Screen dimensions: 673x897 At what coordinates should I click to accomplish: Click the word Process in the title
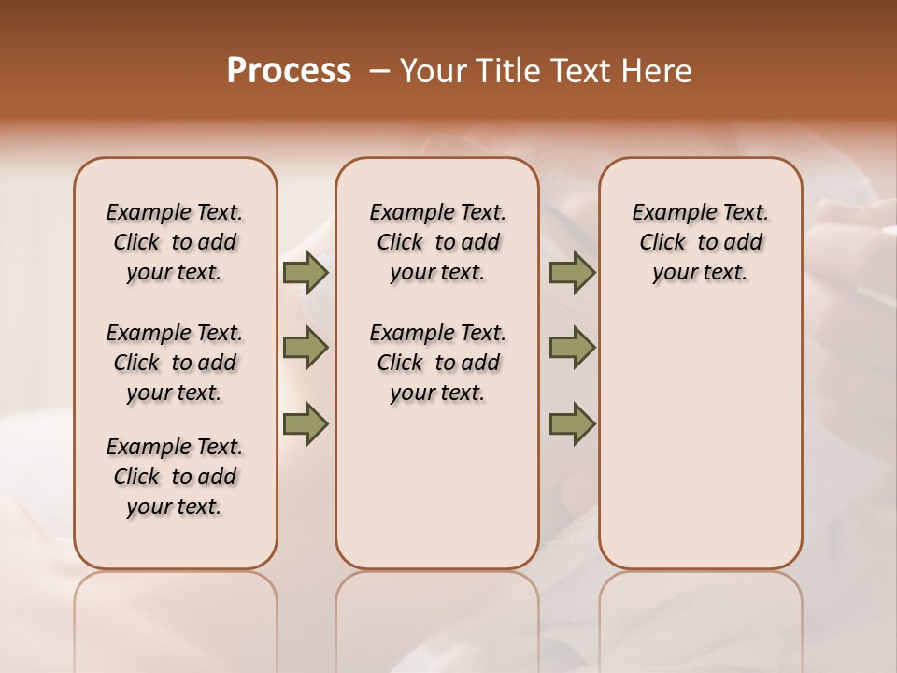(289, 71)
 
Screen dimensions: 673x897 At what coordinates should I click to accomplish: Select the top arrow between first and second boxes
(306, 273)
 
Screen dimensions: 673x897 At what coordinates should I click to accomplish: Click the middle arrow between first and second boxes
(306, 348)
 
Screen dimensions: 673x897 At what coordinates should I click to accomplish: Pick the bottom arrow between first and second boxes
(306, 423)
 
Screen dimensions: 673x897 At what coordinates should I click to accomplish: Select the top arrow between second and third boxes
(572, 273)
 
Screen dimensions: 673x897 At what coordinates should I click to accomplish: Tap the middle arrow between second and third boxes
(572, 348)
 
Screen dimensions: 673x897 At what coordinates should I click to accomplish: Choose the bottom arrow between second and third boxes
(572, 423)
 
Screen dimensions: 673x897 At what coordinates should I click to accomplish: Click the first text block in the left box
(175, 242)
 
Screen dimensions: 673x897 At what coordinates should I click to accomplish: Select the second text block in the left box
(175, 363)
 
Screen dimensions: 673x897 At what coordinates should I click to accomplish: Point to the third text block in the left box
(175, 477)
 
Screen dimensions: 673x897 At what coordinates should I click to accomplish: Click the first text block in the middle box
(437, 242)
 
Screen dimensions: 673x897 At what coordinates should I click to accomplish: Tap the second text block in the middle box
(437, 363)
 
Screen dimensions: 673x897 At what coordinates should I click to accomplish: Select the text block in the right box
(701, 242)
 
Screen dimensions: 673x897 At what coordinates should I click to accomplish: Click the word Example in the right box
(667, 213)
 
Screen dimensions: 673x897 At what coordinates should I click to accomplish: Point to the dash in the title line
(379, 71)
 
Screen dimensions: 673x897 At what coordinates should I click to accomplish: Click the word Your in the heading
(436, 71)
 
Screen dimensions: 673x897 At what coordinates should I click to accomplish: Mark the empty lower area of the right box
(701, 439)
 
